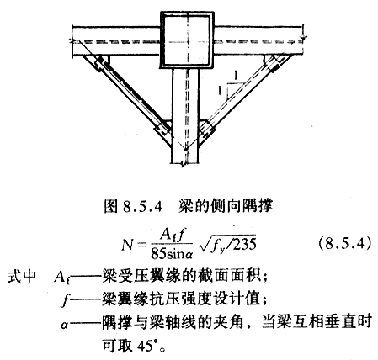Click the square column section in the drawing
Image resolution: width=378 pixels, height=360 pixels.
187,40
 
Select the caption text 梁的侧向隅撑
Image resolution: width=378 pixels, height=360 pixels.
226,206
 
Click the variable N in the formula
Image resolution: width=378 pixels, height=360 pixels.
128,245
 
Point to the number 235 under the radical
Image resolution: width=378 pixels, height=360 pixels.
244,244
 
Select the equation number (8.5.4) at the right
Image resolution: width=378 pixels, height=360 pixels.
346,244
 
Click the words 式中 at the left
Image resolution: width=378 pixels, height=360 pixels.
23,277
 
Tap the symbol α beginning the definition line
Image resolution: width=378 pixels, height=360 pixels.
65,326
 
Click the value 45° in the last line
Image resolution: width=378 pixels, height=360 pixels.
146,346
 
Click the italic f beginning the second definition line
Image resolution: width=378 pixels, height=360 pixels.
65,301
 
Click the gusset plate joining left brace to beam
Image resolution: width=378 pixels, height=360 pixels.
101,62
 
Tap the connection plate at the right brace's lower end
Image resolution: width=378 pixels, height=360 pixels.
207,130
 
